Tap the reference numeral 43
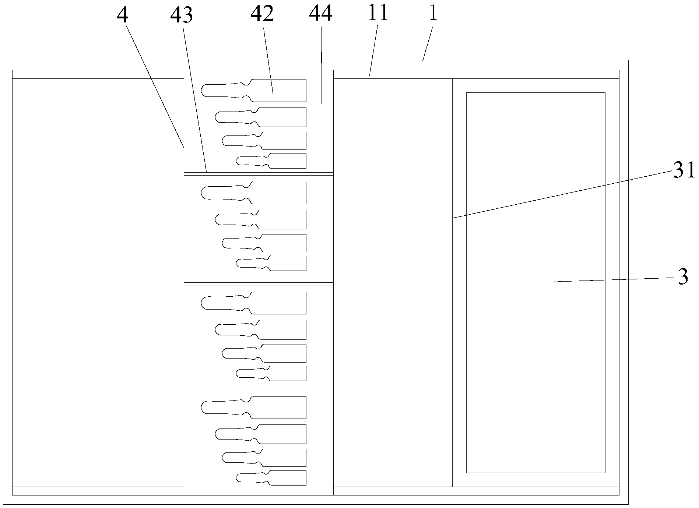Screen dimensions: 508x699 coord(182,15)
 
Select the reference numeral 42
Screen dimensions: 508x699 coord(262,14)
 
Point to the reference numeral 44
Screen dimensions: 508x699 coord(321,14)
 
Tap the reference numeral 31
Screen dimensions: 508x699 coord(684,172)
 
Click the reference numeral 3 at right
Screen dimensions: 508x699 coord(683,277)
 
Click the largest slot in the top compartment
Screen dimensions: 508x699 coord(258,91)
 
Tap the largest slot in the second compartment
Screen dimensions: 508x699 coord(258,193)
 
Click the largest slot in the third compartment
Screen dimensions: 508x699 coord(258,303)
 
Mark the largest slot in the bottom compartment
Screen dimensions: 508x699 coord(258,408)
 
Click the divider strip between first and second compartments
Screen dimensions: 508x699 coord(259,173)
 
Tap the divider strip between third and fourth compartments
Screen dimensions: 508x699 coord(259,388)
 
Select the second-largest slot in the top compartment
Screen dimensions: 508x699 coord(265,117)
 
